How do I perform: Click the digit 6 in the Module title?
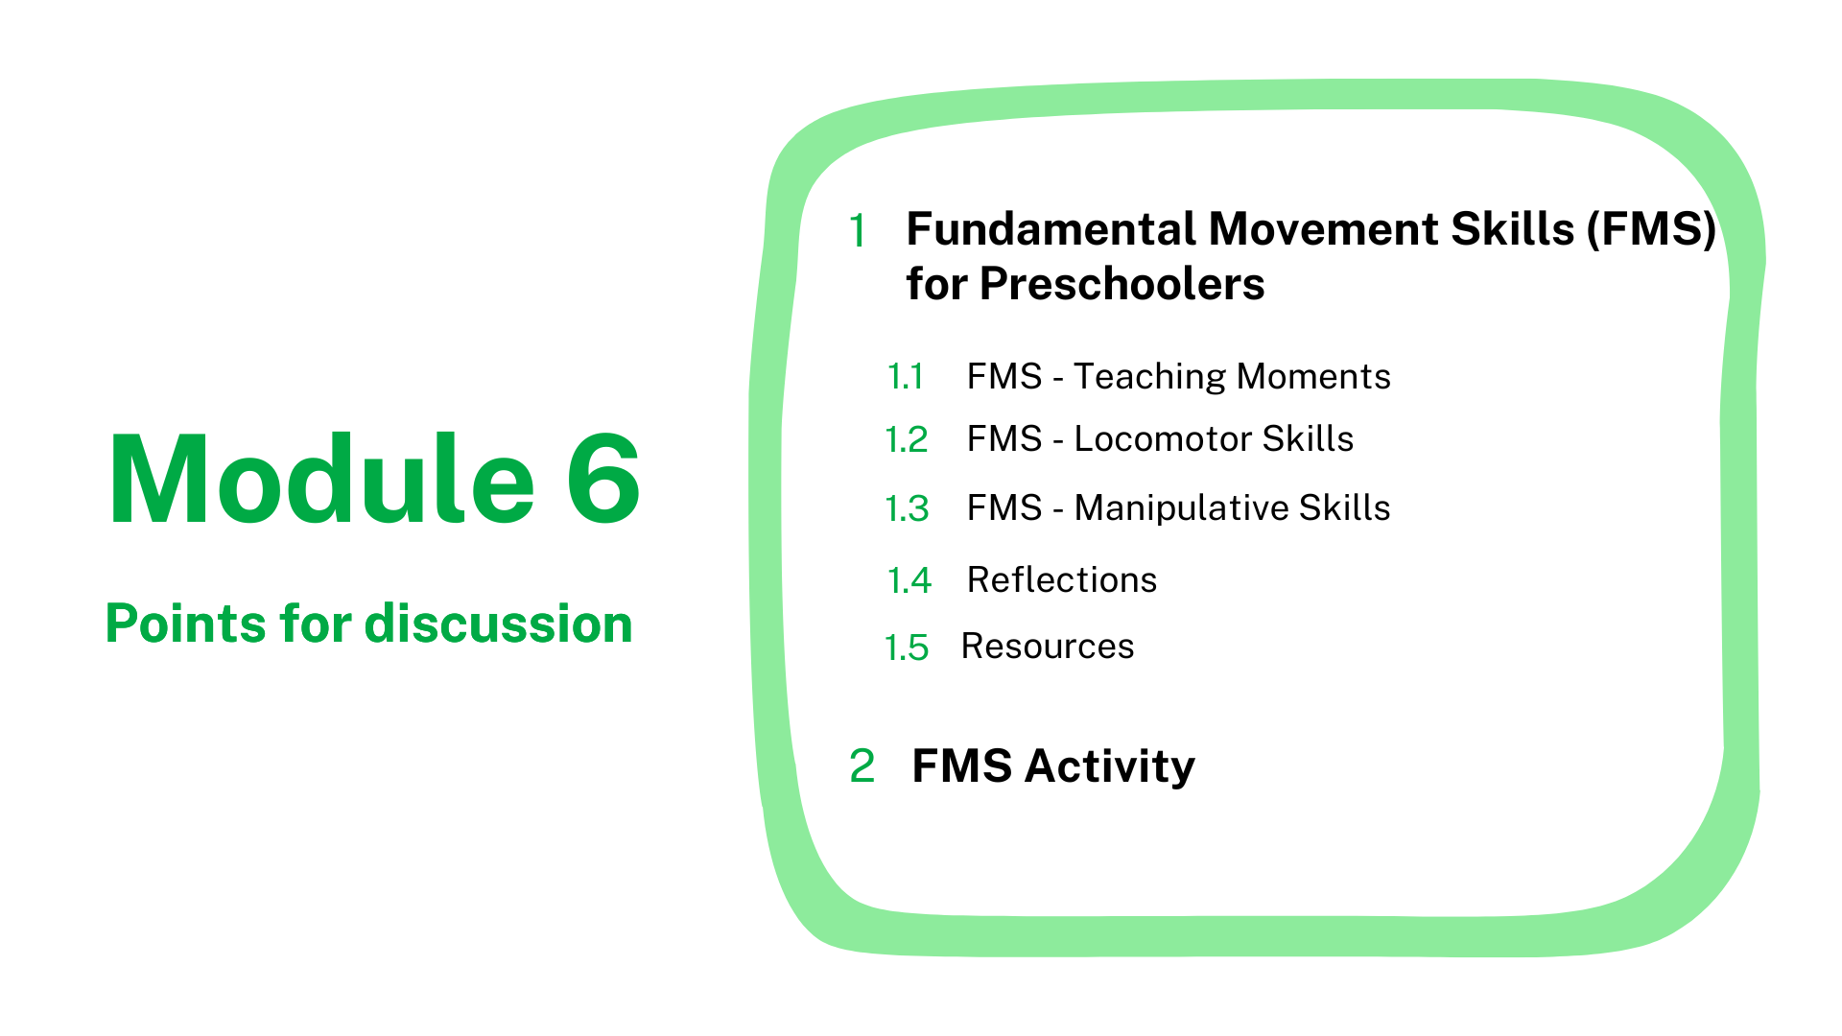click(603, 479)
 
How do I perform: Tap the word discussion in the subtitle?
click(499, 624)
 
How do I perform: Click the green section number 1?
click(858, 231)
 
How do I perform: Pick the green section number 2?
click(862, 766)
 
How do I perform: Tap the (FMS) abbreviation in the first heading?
click(1651, 230)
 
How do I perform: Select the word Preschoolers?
click(1122, 284)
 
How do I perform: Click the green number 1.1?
click(906, 377)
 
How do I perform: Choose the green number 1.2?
click(907, 440)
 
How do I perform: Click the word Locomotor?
click(1162, 438)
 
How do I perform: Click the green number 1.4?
click(909, 581)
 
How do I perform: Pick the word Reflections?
click(1062, 579)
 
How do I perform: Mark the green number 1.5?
click(907, 648)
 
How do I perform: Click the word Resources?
click(1048, 647)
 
